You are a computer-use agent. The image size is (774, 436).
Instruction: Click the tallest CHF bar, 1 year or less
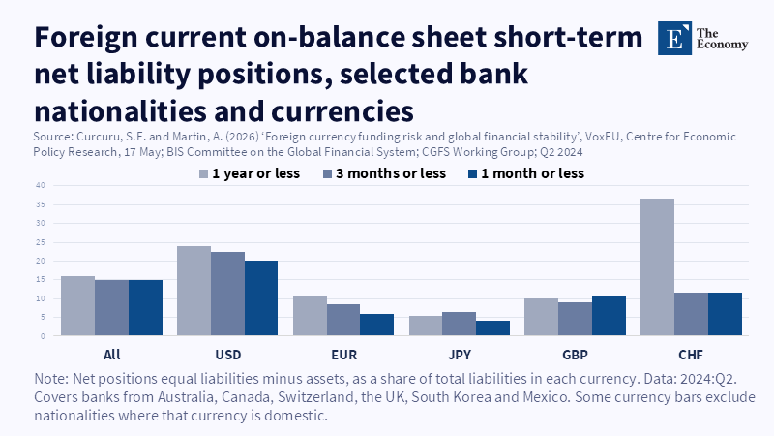(657, 267)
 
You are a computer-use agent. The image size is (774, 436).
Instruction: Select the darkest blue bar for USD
(261, 298)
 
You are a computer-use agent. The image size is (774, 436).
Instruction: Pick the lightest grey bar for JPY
(426, 326)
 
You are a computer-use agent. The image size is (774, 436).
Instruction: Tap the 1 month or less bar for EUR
(376, 325)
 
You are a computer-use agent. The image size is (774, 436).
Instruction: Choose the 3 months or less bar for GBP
(575, 319)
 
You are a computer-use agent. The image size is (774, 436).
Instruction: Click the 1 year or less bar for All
(78, 306)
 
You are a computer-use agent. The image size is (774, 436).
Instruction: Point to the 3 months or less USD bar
(227, 294)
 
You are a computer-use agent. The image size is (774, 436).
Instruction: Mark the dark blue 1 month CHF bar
(725, 314)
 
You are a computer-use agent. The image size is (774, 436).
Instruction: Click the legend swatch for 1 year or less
(203, 174)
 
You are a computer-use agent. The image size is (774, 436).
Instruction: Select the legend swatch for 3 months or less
(327, 174)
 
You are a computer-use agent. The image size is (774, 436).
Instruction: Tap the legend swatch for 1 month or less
(472, 174)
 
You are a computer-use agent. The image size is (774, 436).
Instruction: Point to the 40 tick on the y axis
(40, 185)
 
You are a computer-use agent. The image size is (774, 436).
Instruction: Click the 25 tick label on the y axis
(40, 242)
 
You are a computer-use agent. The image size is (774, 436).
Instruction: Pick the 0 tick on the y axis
(43, 336)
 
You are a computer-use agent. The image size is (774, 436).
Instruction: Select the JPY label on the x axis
(460, 355)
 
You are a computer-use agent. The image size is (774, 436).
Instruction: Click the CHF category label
(691, 355)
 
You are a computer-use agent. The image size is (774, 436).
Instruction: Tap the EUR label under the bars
(344, 355)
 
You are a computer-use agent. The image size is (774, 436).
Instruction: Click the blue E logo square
(674, 38)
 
